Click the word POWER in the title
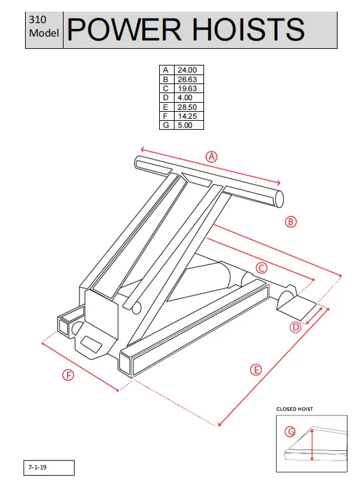(x=123, y=30)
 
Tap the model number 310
(x=37, y=20)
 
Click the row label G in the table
(x=166, y=125)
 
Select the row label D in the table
(x=166, y=97)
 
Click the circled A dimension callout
(x=211, y=156)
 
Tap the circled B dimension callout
(x=290, y=222)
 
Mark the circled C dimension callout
(x=261, y=267)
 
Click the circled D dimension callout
(x=295, y=327)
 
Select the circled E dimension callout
(x=256, y=369)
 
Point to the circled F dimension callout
(x=68, y=375)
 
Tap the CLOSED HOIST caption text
(x=295, y=408)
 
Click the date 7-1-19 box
(x=50, y=468)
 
